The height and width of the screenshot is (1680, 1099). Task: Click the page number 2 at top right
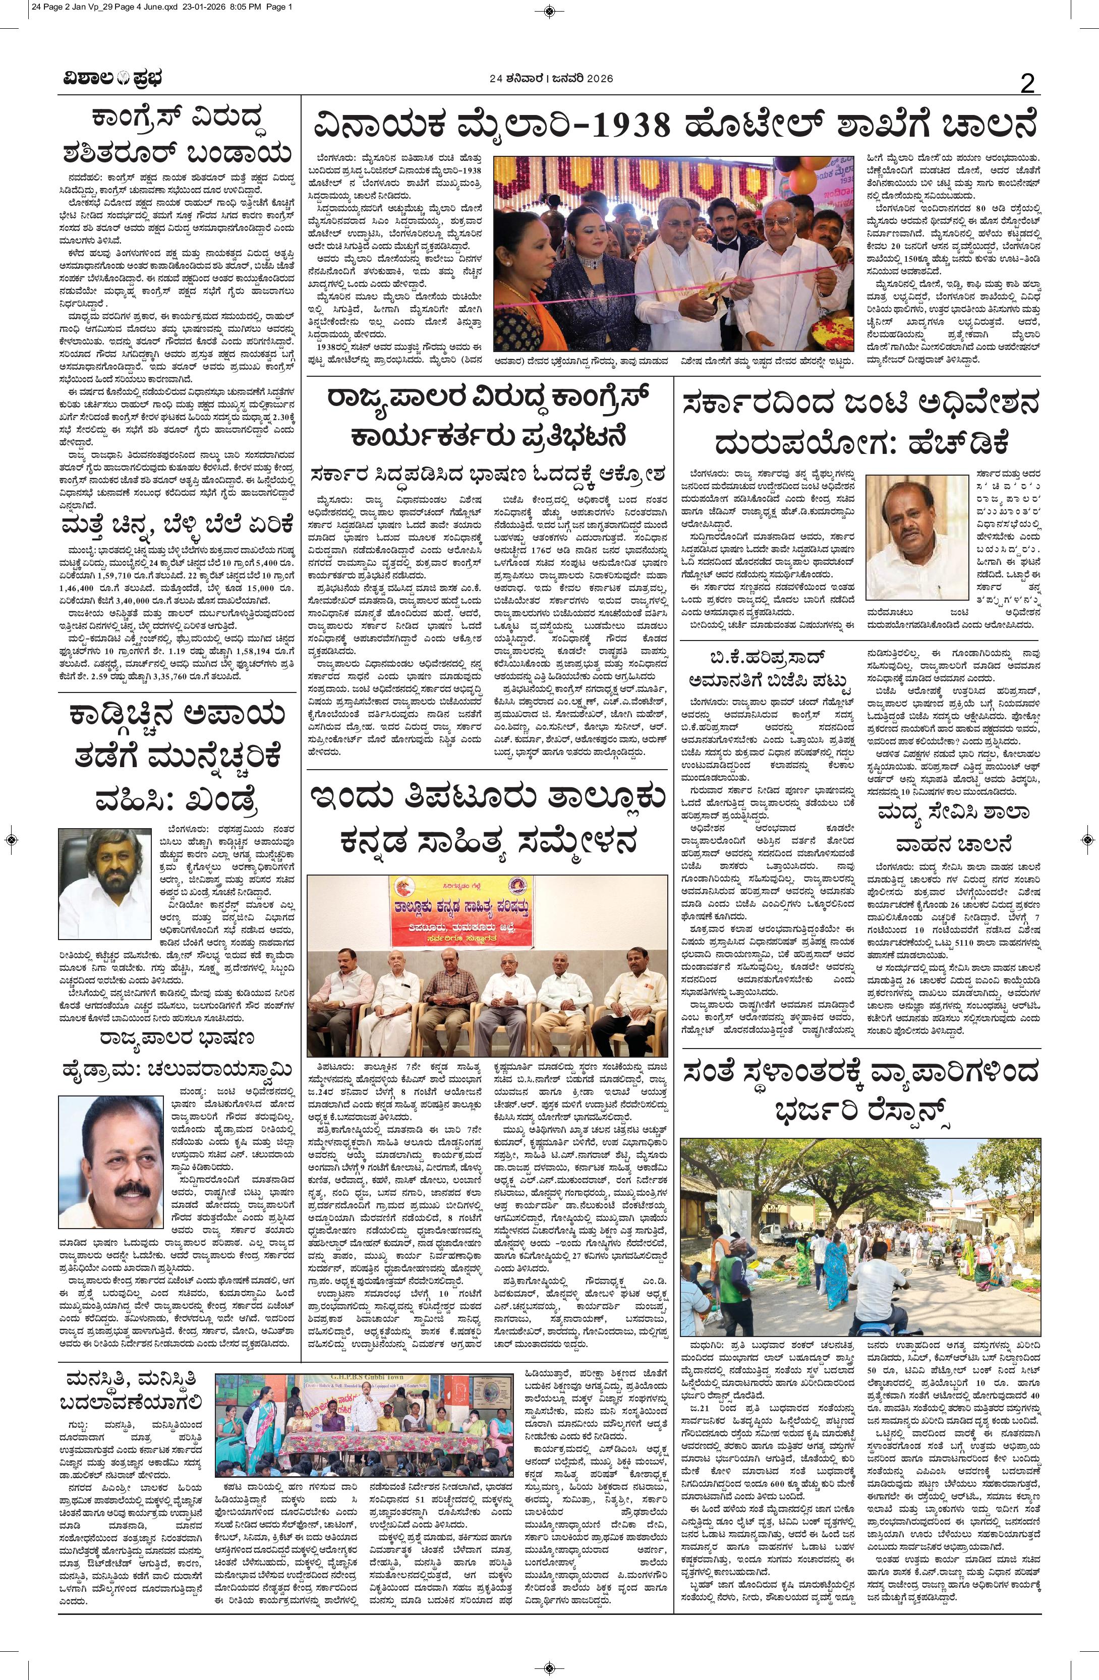click(x=1027, y=85)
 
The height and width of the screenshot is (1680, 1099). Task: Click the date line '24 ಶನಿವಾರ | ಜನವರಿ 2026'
click(x=551, y=79)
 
